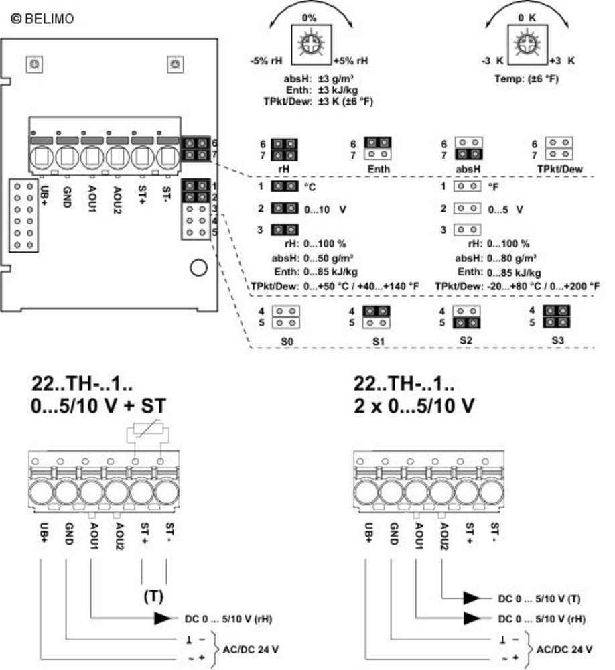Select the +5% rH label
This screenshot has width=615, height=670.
point(350,61)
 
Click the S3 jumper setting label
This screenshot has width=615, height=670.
point(557,340)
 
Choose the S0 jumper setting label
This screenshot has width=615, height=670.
point(290,340)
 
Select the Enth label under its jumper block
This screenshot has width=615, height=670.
point(379,169)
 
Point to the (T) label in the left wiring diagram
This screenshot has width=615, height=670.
point(153,594)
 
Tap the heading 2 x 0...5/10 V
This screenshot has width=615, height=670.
point(413,406)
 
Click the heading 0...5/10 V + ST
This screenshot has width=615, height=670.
point(99,406)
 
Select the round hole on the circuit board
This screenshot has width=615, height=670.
point(198,268)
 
